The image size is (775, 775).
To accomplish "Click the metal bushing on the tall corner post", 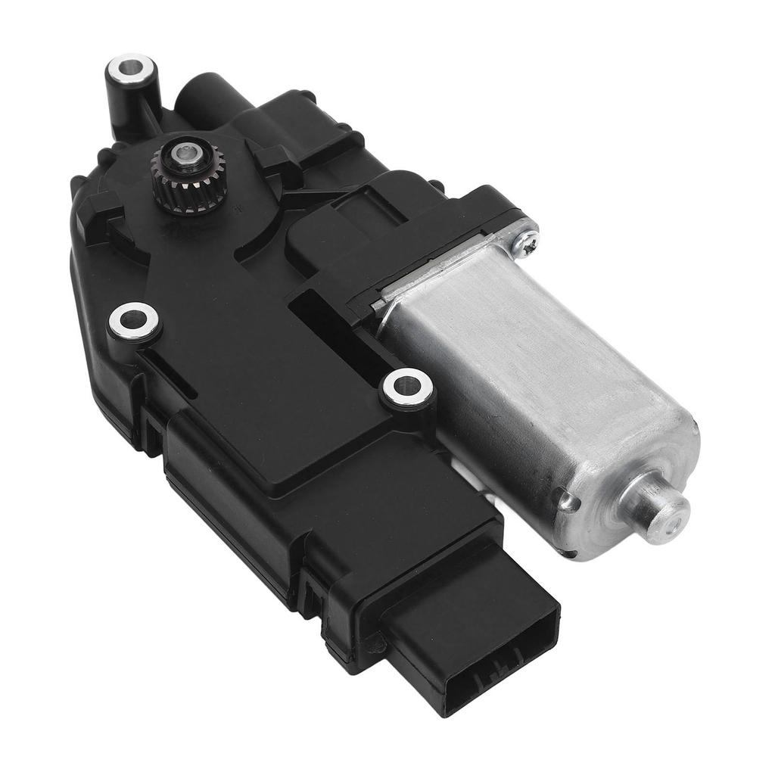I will coord(131,69).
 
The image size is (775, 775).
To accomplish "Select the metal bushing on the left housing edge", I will coord(134,322).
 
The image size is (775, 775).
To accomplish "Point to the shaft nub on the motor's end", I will coord(663,512).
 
